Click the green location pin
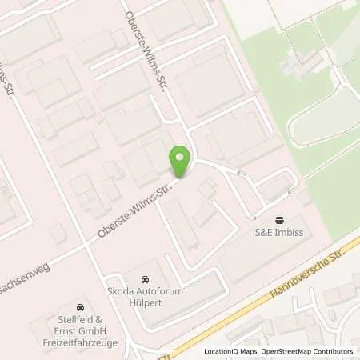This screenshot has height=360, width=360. pos(180,162)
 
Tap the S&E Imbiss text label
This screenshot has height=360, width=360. pos(280,233)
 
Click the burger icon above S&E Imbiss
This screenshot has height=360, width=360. pos(279,220)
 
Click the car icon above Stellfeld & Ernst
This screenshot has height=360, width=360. pos(79,308)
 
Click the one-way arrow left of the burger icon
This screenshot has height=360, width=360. pos(251,218)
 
